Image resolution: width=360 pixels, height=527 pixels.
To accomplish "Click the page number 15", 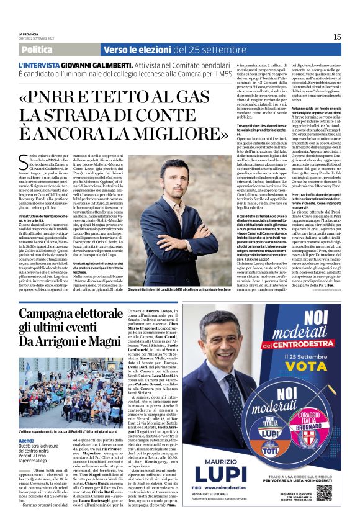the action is (x=337, y=37).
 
